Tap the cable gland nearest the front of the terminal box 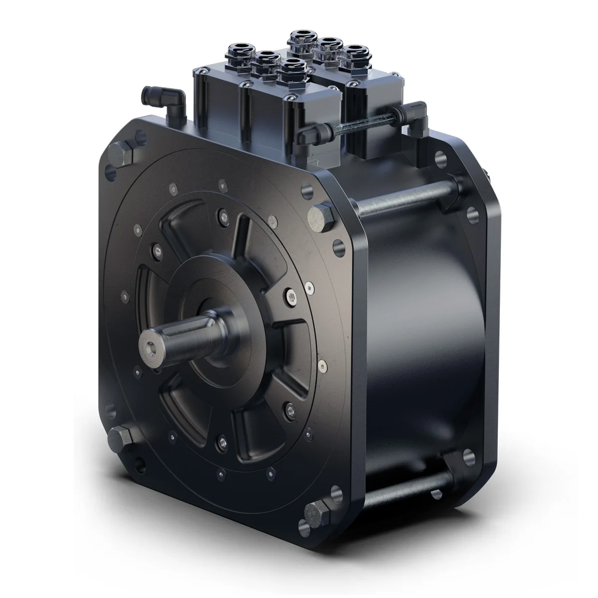point(292,70)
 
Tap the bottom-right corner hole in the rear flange point(468,455)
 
